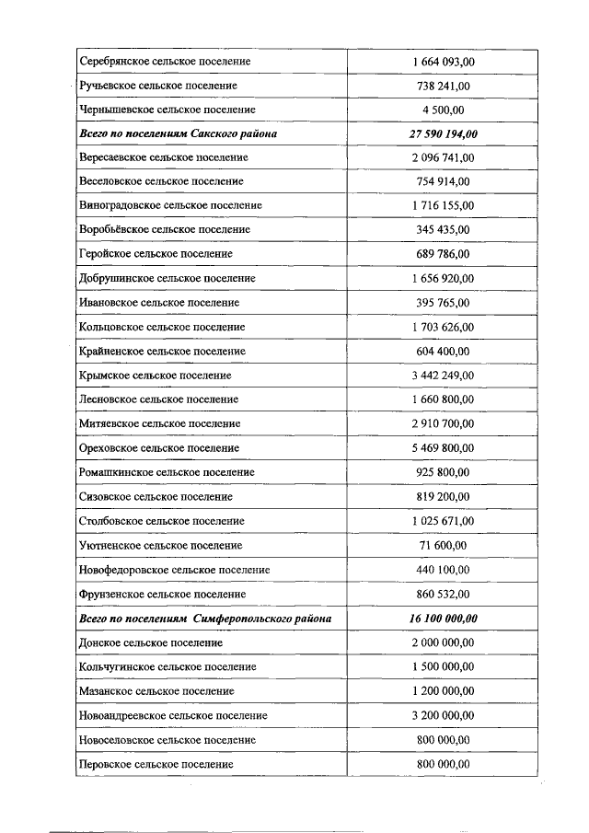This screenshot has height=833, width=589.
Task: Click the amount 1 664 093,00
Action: (443, 62)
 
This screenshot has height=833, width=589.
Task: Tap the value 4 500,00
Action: (443, 110)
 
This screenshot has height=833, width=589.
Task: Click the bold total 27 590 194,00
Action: (443, 134)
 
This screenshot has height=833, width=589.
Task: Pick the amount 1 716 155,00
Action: (443, 205)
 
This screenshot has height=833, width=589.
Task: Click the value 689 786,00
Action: (443, 254)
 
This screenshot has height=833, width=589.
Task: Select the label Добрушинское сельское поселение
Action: (167, 278)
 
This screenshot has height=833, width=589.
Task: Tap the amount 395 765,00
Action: (443, 302)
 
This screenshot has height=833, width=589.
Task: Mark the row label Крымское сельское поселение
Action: (156, 376)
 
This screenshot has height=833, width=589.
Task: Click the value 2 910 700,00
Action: (443, 423)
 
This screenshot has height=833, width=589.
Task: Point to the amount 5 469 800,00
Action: (443, 448)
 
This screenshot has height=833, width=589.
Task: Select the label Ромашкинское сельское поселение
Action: (167, 472)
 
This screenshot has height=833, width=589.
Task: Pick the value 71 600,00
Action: (443, 546)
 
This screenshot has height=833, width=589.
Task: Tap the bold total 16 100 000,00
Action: (443, 619)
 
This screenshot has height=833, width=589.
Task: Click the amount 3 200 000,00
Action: (443, 715)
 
